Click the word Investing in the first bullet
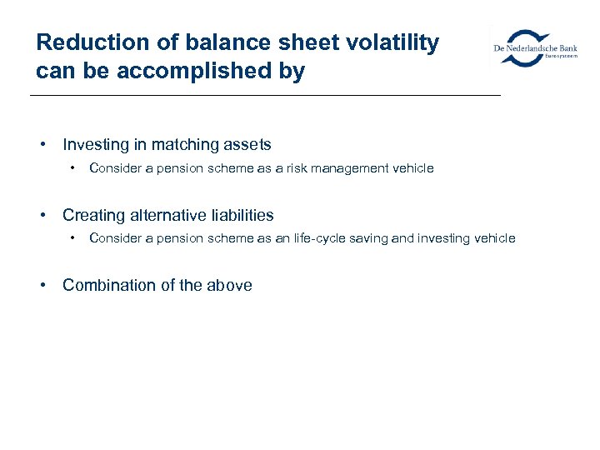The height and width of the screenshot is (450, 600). (x=93, y=145)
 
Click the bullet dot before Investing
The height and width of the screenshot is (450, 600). (x=42, y=145)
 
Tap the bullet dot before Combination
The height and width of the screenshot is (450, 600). (x=42, y=285)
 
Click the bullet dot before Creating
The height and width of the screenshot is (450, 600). (x=42, y=215)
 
